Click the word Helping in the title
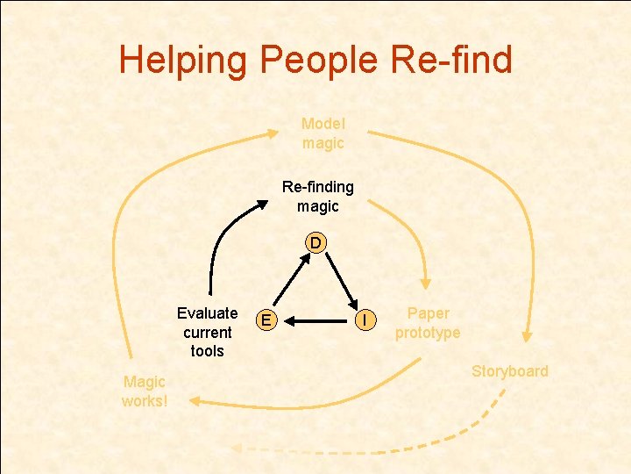click(184, 60)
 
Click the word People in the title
click(318, 60)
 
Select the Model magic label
click(323, 133)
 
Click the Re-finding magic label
click(317, 197)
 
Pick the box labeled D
click(315, 241)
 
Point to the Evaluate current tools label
click(207, 332)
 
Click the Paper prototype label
click(428, 323)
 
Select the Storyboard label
click(509, 370)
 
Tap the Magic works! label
click(145, 391)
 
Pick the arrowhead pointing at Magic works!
click(193, 401)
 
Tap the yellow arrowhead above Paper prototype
click(425, 284)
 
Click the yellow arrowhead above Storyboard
click(527, 335)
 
